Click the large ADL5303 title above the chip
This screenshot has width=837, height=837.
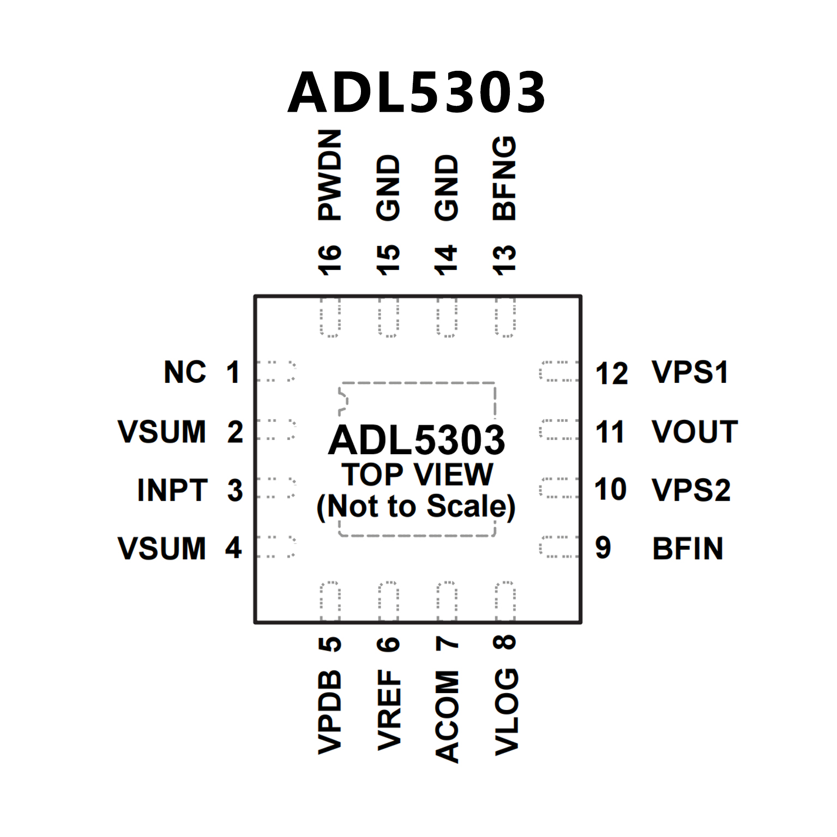417,93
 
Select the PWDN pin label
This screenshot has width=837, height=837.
330,175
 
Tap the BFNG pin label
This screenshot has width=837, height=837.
504,178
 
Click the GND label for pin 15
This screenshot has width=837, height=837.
388,188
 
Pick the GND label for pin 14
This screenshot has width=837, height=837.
447,188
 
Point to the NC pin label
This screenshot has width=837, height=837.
185,372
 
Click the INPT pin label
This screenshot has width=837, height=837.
172,490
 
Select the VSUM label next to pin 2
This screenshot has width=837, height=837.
162,431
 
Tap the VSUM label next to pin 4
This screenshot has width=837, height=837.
162,548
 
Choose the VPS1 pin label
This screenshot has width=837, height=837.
690,372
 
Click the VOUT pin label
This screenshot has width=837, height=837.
695,431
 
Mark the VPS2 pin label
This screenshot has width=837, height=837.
691,490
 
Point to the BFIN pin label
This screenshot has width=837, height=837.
688,549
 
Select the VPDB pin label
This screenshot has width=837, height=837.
330,712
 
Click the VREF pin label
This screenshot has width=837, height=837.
389,710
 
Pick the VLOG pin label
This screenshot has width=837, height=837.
505,712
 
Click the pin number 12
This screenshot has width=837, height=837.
611,374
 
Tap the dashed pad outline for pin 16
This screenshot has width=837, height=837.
330,317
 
